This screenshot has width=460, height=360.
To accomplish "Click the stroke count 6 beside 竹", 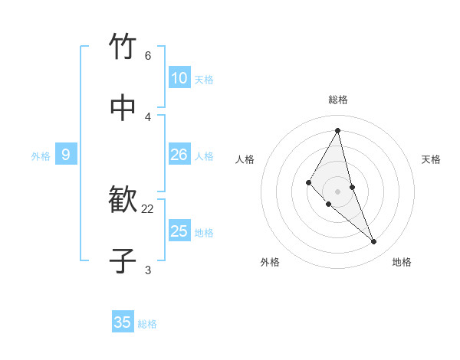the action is (148, 56).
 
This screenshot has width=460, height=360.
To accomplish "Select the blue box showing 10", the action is (179, 78).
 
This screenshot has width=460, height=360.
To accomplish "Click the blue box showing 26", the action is (179, 155).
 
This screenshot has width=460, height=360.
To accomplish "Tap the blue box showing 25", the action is (179, 231).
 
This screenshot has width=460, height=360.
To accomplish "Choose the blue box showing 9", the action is (66, 155).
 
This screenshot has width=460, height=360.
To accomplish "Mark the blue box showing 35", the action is (123, 322).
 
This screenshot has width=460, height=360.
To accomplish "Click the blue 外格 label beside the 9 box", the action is (41, 156).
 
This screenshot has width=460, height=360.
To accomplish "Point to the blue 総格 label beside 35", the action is (147, 324).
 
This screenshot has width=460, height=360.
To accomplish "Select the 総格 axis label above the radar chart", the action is (338, 100).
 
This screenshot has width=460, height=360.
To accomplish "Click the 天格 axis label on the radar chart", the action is (432, 159).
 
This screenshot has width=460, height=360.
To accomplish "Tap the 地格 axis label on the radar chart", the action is (402, 262).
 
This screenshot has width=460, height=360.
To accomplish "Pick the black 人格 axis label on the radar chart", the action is (245, 159).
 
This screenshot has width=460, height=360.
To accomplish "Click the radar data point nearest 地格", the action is (374, 242).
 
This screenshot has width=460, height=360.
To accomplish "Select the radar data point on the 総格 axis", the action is (338, 130).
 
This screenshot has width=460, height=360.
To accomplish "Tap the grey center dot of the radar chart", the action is (338, 191).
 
